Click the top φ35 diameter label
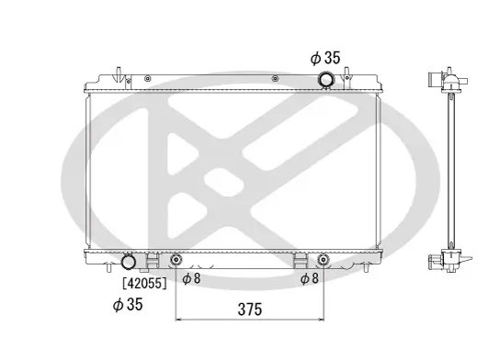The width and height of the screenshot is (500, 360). tap(325, 58)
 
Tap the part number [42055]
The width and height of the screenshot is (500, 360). tap(144, 283)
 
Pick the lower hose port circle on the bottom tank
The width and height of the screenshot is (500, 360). tap(129, 262)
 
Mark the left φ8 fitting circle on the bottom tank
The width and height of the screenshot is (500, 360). tap(176, 260)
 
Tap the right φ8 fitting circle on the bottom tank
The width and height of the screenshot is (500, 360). tap(323, 260)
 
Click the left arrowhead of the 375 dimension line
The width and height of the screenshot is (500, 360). tap(179, 320)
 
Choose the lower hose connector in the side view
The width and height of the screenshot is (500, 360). tap(434, 261)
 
